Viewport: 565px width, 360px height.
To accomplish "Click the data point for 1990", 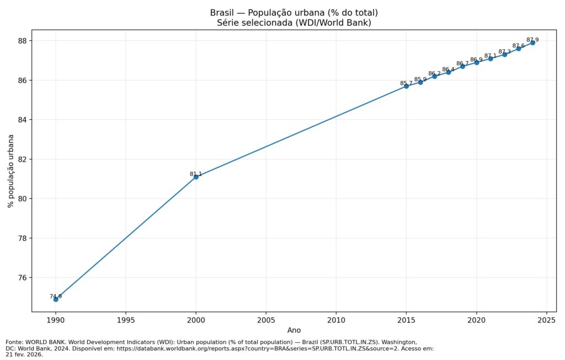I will point(56,299).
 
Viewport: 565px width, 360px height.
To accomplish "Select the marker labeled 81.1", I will point(196,177).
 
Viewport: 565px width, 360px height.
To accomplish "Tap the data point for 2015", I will point(406,86).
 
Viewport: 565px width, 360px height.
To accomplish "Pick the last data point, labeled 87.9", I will point(532,43).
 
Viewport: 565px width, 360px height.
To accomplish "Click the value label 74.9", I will point(56,297).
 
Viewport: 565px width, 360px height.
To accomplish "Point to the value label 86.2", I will point(434,73).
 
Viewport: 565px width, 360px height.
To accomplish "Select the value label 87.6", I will point(519,46).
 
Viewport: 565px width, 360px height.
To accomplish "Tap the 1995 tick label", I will point(126,320).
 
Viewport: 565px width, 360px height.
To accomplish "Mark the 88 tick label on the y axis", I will point(23,41).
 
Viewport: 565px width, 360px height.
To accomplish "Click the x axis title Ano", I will point(294,330).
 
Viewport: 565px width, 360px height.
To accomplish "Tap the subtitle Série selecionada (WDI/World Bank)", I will point(294,23).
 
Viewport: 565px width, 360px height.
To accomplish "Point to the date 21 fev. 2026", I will point(24,354).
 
